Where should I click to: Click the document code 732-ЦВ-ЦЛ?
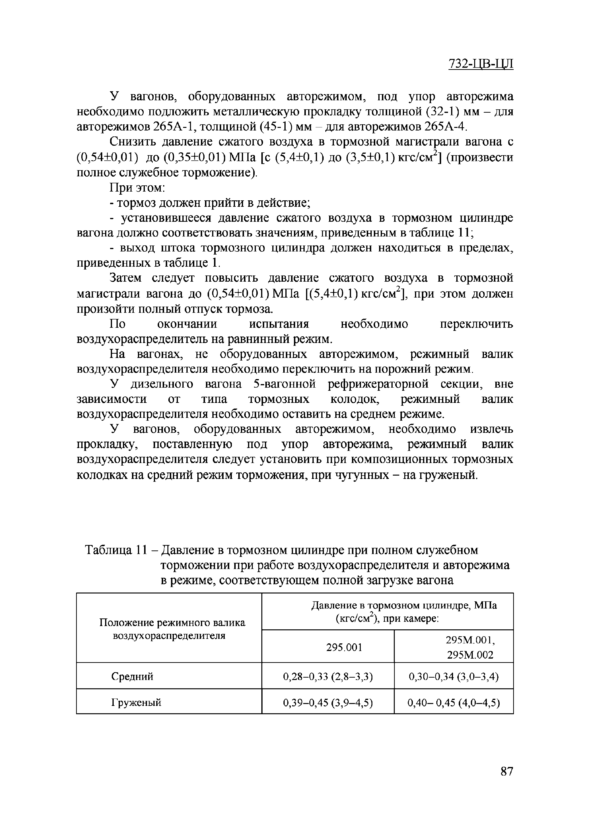tap(481, 63)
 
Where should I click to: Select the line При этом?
tap(138, 188)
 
